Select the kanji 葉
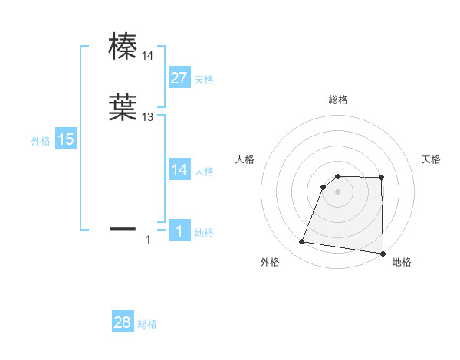(123, 108)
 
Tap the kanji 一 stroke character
(123, 227)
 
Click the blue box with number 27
(179, 77)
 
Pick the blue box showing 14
(179, 171)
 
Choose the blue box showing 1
(179, 231)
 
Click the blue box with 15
(66, 139)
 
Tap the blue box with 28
(123, 323)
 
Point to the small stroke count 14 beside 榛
(148, 56)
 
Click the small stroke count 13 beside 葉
(148, 117)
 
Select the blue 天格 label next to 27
(204, 79)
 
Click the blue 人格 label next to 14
(204, 172)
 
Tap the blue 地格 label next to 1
(204, 233)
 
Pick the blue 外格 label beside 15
(41, 141)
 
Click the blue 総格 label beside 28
(147, 325)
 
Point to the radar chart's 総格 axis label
(337, 100)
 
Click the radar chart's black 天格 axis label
(432, 159)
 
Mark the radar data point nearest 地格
(383, 253)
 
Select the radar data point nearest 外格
(302, 242)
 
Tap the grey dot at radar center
(337, 192)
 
